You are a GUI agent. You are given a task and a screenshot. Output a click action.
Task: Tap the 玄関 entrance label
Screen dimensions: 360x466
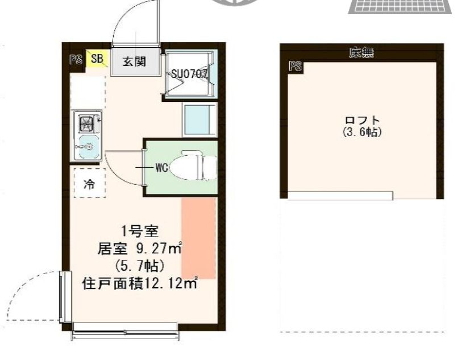(134, 61)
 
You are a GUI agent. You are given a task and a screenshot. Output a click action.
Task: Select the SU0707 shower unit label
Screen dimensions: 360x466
(189, 73)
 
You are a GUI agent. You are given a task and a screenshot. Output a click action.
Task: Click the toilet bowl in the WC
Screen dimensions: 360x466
(193, 167)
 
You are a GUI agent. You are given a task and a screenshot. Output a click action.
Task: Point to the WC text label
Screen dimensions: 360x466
(161, 168)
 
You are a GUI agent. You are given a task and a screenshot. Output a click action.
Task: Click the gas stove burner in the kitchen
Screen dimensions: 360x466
(87, 123)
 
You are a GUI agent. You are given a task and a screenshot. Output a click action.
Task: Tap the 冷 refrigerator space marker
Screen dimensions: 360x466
(89, 184)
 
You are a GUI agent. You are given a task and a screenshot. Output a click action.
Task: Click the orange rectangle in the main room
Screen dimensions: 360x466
(198, 238)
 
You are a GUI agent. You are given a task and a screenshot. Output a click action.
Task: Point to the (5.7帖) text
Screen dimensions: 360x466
(139, 265)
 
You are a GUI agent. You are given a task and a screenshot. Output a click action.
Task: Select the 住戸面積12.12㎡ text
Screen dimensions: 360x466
(140, 283)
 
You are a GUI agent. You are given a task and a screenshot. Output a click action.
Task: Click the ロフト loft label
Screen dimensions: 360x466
(361, 121)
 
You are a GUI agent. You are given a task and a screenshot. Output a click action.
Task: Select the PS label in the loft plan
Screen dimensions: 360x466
(294, 67)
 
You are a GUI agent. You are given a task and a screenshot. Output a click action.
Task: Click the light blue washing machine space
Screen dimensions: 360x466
(199, 119)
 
